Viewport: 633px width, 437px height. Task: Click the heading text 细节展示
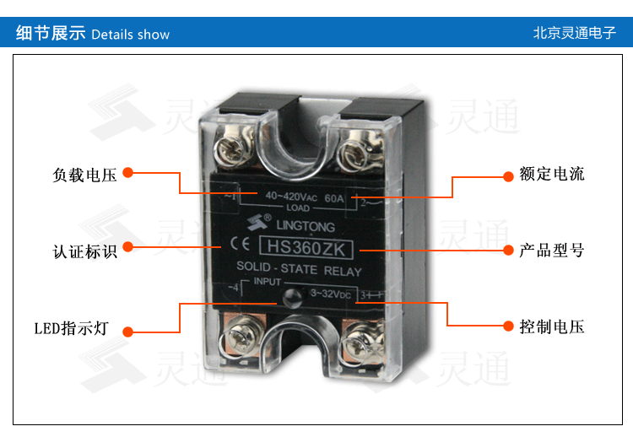(x=51, y=34)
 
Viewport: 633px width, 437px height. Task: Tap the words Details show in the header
(x=130, y=35)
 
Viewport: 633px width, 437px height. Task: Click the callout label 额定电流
(x=552, y=175)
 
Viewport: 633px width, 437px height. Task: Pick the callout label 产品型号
(x=552, y=251)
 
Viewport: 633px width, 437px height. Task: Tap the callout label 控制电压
(x=552, y=326)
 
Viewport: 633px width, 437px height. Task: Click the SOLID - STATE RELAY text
(x=298, y=271)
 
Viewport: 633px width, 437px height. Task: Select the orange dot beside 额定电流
(x=509, y=176)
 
